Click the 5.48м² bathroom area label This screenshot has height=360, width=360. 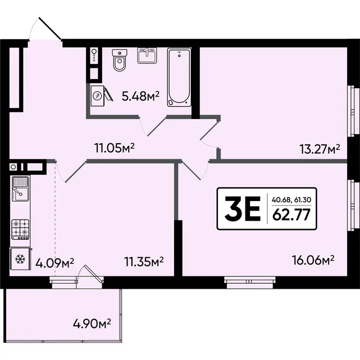(x=140, y=96)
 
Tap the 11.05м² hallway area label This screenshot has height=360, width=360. (x=115, y=148)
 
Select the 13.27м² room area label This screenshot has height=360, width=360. (x=320, y=149)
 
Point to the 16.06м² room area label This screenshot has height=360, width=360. (x=313, y=261)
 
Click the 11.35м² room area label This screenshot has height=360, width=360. (x=144, y=262)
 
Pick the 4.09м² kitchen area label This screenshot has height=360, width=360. (x=54, y=263)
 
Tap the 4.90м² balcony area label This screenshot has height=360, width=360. (x=92, y=323)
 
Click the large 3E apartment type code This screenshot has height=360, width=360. (x=243, y=208)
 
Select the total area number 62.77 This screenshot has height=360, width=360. (x=291, y=215)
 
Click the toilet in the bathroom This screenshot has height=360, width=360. (x=120, y=60)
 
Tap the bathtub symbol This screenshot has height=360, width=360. (x=179, y=77)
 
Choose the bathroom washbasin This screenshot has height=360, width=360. (x=147, y=56)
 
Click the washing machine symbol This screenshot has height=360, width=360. (x=98, y=95)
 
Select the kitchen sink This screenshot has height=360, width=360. (x=21, y=189)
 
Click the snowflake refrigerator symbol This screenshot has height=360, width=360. (x=20, y=259)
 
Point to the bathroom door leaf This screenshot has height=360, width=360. (x=157, y=127)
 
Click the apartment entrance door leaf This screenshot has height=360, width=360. (x=50, y=28)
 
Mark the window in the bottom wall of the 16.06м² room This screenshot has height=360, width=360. (x=249, y=282)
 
